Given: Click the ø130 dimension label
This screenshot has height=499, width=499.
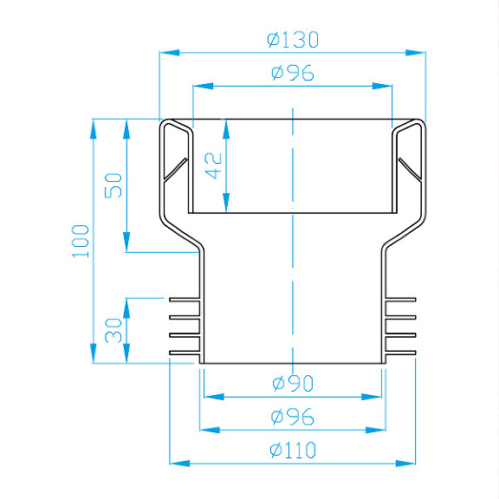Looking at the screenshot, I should (292, 39).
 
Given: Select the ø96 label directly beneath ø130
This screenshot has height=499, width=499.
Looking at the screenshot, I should (292, 73).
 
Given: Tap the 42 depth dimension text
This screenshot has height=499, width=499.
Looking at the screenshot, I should (214, 165).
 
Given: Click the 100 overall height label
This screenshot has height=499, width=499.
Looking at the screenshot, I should (81, 241).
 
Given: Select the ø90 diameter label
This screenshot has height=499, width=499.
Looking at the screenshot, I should (292, 383).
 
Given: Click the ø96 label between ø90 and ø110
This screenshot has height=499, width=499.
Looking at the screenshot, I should (292, 416).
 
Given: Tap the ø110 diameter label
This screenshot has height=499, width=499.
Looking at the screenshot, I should (292, 450).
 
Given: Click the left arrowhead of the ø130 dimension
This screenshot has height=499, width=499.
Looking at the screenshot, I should (168, 52).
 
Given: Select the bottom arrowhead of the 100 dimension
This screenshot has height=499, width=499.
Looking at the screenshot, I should (94, 355).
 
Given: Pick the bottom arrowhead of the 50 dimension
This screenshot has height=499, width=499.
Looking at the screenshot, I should (127, 244).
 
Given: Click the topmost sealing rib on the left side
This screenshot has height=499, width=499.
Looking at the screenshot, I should (184, 300).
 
